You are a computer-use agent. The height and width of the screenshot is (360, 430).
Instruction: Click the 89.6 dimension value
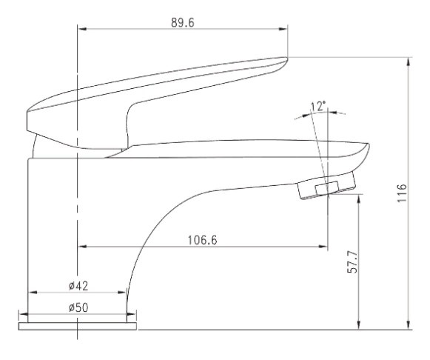[x=183, y=23]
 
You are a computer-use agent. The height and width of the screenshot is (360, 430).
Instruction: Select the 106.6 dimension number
[x=202, y=240]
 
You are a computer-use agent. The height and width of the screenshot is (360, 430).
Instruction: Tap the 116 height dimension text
[x=402, y=193]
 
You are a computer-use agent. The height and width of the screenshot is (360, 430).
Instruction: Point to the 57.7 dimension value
[x=352, y=261]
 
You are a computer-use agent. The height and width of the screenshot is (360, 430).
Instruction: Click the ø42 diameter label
[x=78, y=286]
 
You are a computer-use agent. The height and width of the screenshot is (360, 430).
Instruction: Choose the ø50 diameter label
[x=78, y=308]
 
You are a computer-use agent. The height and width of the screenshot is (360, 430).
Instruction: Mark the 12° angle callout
[x=318, y=106]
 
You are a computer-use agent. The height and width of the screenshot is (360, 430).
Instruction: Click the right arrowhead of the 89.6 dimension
[x=283, y=29]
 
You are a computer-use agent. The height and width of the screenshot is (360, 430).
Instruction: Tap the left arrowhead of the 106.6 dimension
[x=82, y=247]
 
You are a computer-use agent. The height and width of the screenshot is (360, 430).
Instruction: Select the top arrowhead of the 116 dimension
[x=409, y=61]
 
